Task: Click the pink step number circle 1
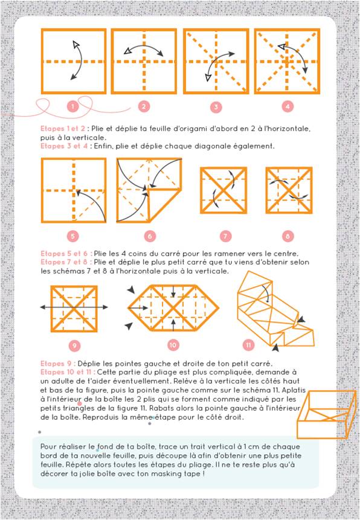point(72,107)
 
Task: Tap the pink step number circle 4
point(288,107)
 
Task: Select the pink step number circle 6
point(149,236)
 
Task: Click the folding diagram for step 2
point(144,61)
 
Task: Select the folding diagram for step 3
point(216,61)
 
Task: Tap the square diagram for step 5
point(73,190)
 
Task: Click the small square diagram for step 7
point(224,191)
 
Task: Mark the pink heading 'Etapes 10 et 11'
point(68,373)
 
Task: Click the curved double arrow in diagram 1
point(76,60)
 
